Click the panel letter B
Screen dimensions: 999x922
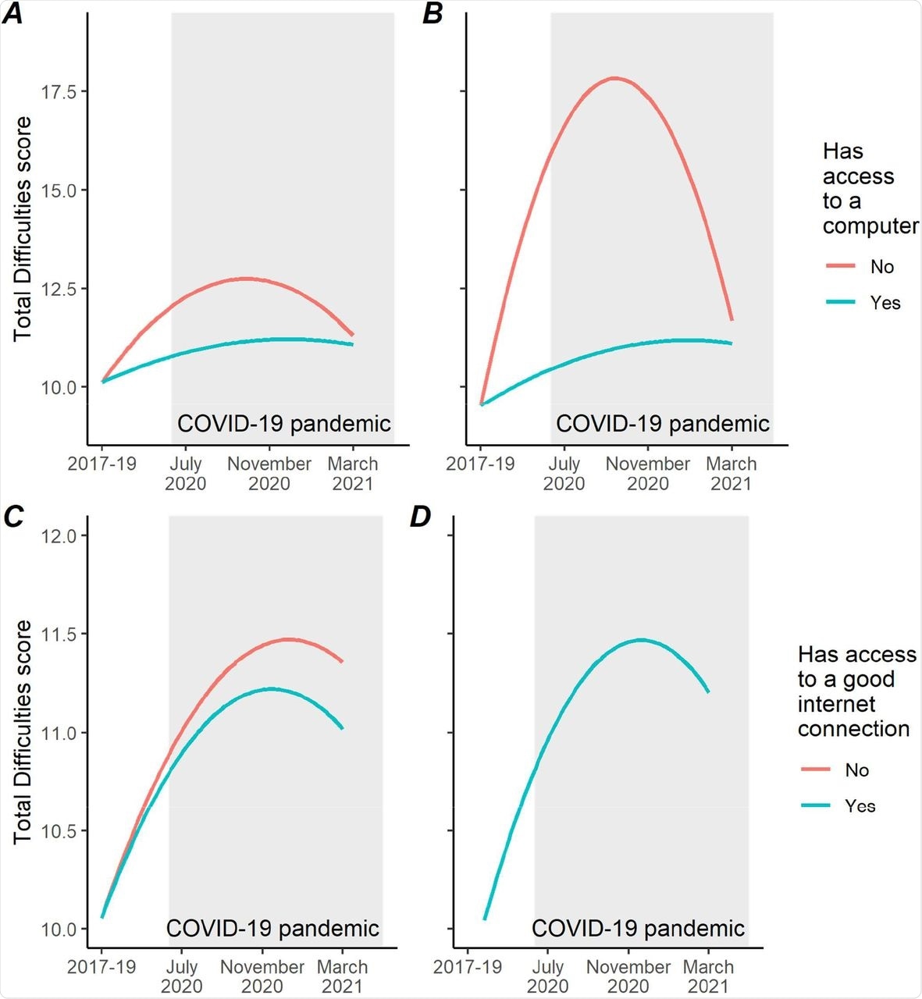[x=432, y=13]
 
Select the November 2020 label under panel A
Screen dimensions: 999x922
[x=269, y=474]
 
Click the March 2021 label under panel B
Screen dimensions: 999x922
[x=732, y=474]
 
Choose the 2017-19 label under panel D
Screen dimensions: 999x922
[x=468, y=967]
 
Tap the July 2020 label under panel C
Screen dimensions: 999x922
[x=182, y=976]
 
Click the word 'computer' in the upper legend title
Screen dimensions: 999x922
[x=870, y=226]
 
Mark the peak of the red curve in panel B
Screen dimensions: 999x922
[x=615, y=78]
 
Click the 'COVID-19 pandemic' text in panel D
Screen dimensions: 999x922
[x=638, y=929]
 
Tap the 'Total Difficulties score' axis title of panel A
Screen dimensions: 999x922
[x=23, y=228]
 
